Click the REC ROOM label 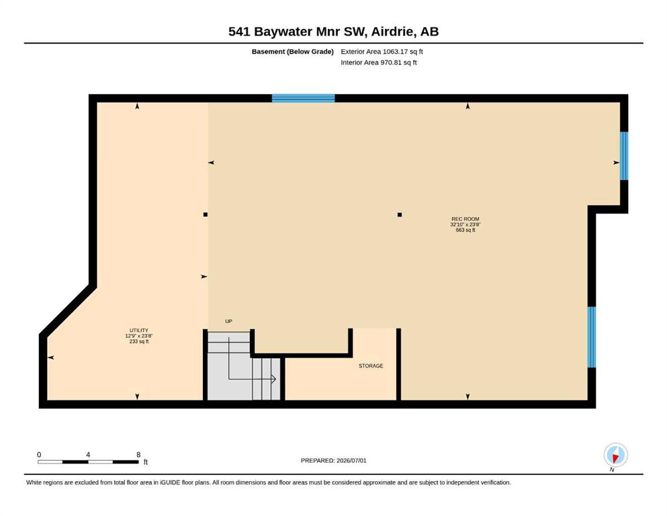coord(465,219)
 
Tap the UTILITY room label coord(139,331)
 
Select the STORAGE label coord(371,366)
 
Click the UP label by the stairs coord(229,321)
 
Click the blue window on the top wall coord(304,98)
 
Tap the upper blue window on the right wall coord(623,156)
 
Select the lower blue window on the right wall coord(591,337)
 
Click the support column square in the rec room coord(400,215)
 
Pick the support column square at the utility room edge coord(206,215)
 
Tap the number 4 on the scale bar coord(88,454)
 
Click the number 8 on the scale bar coord(138,454)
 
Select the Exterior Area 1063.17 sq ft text coord(382,52)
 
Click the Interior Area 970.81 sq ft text coord(379,62)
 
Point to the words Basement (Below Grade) coord(293,52)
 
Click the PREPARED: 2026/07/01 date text coord(333,460)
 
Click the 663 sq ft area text coord(465,230)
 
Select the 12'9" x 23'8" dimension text coord(139,336)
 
